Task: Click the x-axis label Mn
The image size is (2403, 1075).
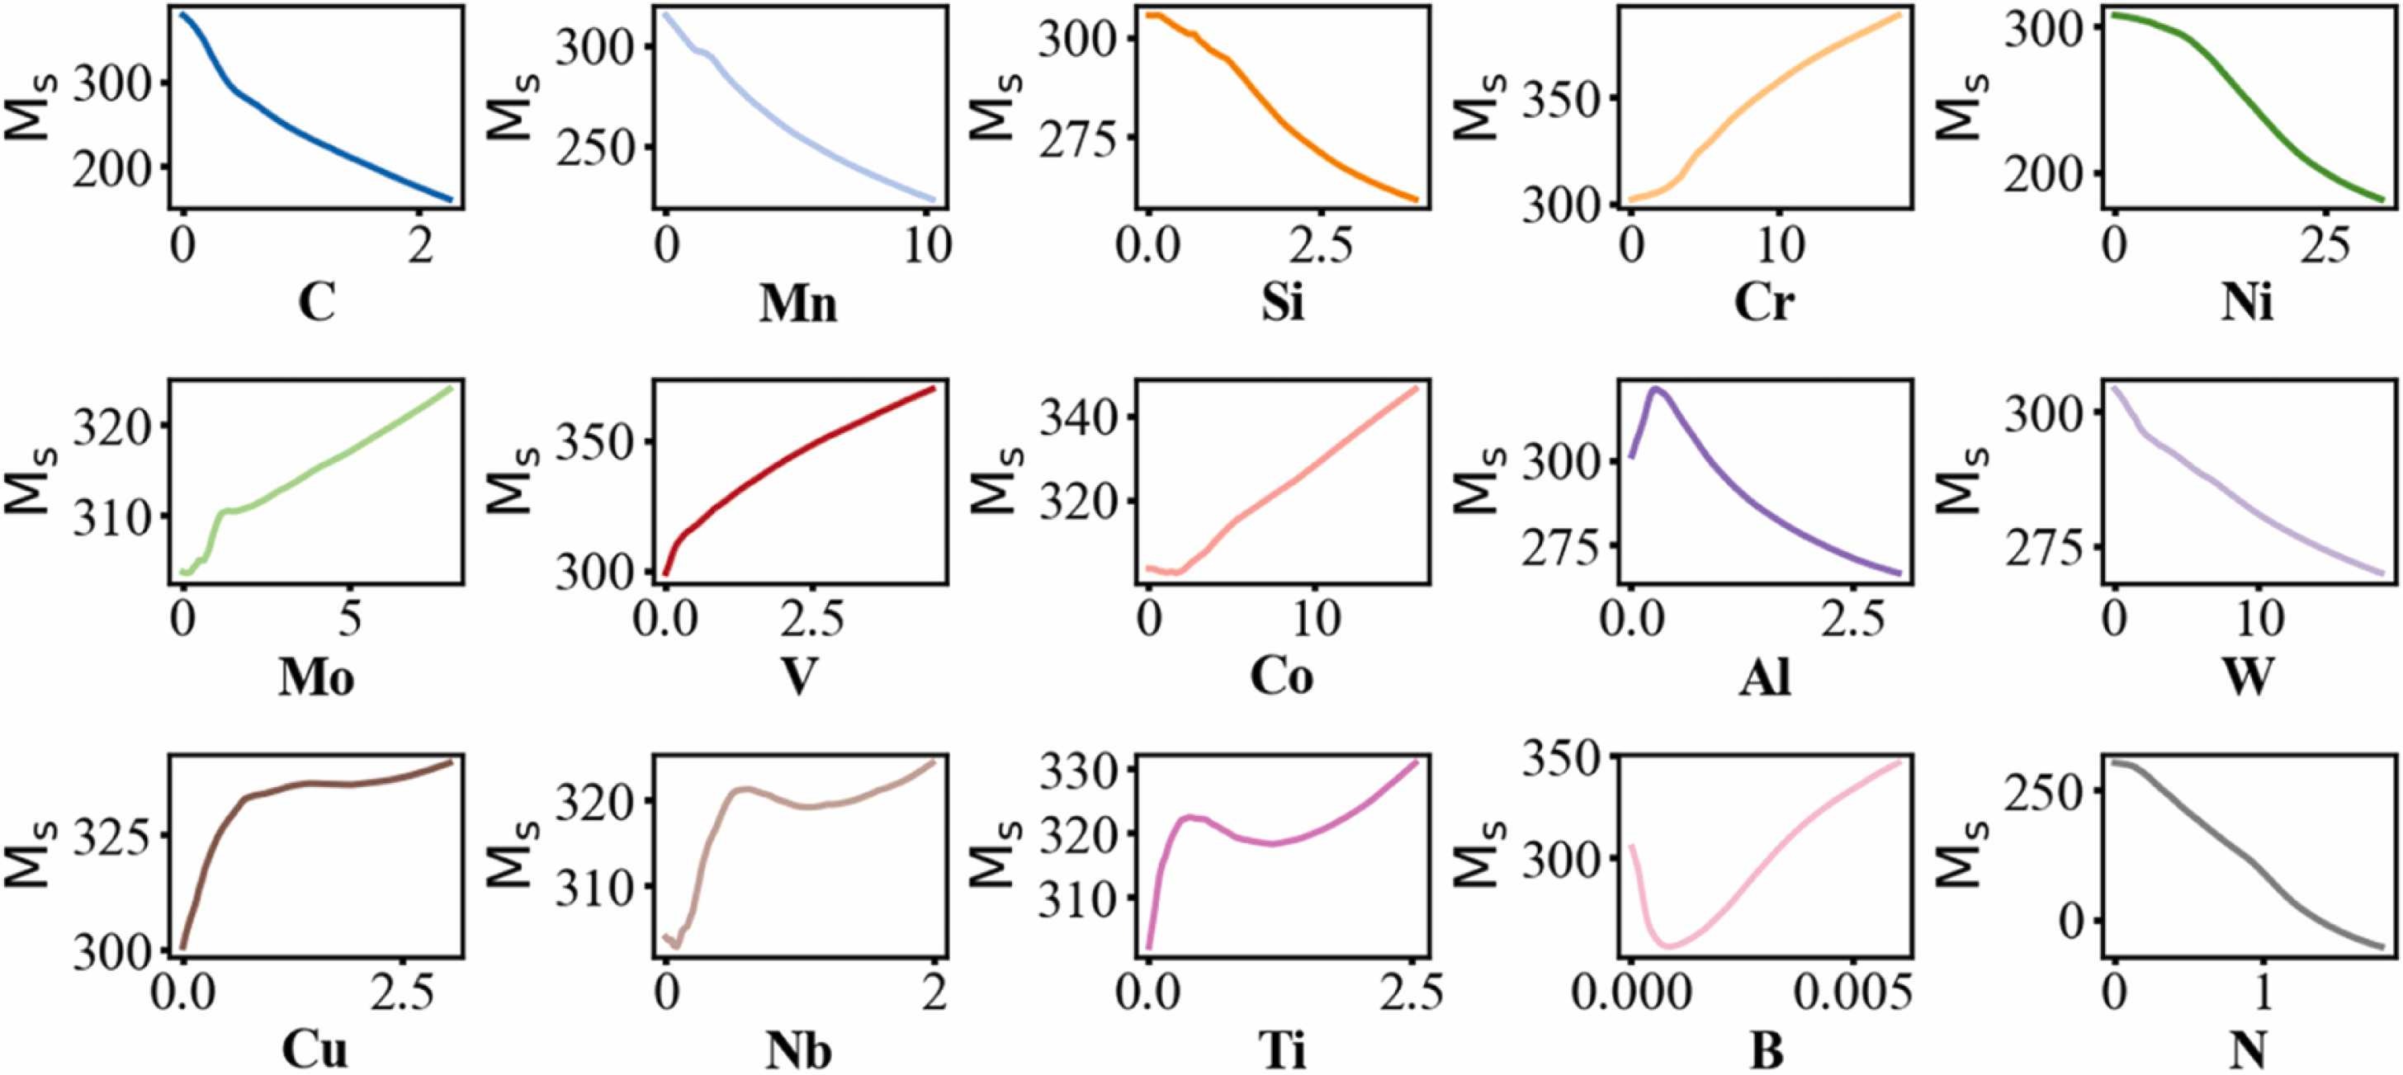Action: (x=798, y=304)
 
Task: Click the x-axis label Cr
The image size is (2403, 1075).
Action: (x=1764, y=304)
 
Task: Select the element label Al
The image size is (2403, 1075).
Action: (x=1765, y=680)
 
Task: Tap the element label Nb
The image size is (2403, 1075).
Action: (x=798, y=1052)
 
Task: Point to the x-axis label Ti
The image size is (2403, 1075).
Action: (x=1283, y=1052)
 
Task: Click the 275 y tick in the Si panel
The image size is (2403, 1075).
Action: (x=1077, y=138)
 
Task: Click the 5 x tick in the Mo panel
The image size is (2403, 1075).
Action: (x=350, y=619)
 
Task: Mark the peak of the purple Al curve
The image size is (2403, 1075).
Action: (x=1657, y=388)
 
